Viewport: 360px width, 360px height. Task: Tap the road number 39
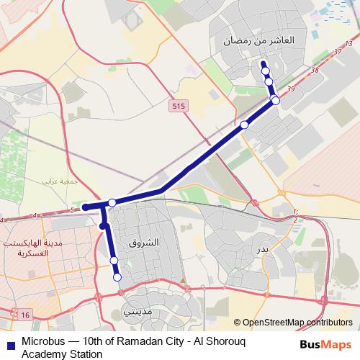tap(291, 89)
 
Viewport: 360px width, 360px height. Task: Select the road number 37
tap(338, 53)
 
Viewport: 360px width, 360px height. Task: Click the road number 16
tap(26, 315)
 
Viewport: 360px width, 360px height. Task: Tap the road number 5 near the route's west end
tap(72, 210)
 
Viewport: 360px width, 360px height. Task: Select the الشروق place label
tap(143, 243)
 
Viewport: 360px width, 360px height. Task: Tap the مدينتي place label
tap(138, 312)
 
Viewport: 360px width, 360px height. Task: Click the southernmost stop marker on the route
tap(117, 276)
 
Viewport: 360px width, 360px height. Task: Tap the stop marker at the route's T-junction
tap(112, 203)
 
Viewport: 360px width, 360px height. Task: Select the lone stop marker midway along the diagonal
tap(244, 125)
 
